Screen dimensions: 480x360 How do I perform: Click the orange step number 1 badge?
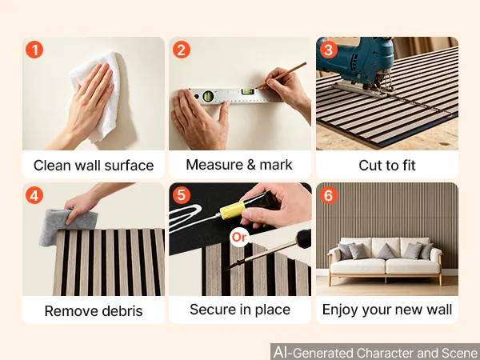coord(34,50)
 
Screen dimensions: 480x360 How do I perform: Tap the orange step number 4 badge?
coord(34,195)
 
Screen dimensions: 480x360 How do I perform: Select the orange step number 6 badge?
coord(329,195)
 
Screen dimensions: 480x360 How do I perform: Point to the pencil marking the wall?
coord(281,75)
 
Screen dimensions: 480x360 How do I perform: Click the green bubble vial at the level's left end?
coord(208,96)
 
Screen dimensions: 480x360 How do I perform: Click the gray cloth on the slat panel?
coord(68,226)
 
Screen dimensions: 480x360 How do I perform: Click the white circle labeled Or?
coord(239,238)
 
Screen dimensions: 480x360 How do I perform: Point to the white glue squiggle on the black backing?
coord(184,217)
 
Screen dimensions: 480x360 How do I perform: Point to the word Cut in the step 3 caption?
coord(370,166)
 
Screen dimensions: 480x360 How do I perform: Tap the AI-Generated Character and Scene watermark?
coord(376,352)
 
